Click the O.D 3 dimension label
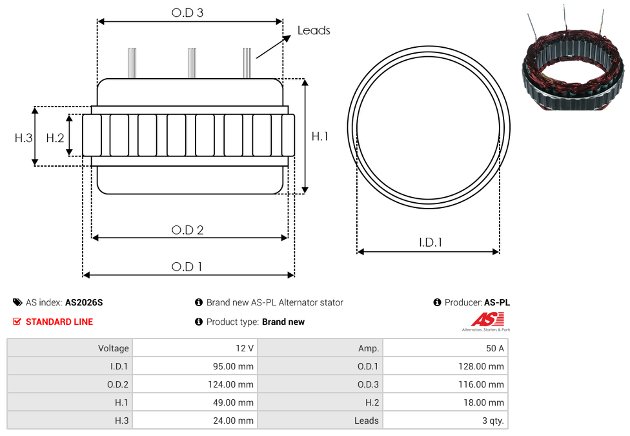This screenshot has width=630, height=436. coord(187,13)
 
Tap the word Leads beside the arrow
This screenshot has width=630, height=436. coord(314,30)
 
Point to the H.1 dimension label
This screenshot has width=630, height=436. coord(320,136)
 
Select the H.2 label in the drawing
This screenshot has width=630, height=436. coord(55,138)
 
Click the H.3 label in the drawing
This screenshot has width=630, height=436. coord(23,138)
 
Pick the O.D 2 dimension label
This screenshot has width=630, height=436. coord(187,230)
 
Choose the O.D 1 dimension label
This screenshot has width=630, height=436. coord(187,267)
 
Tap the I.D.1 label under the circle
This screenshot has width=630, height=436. coord(431,242)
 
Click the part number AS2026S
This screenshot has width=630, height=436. coord(84,302)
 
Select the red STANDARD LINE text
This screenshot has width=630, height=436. coord(59,322)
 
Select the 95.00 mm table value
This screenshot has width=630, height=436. coord(233,366)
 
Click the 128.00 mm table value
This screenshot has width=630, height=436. coord(482,366)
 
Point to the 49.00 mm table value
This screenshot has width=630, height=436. coord(233,402)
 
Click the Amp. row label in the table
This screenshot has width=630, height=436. coord(369,348)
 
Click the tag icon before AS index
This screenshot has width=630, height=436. coord(17,302)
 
